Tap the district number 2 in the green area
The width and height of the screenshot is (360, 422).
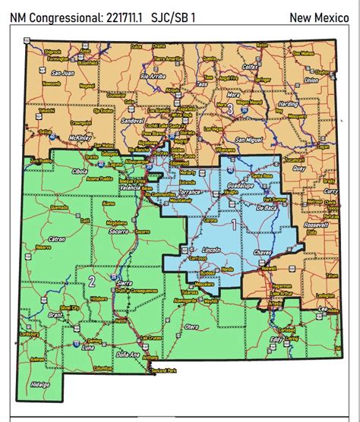click(x=92, y=281)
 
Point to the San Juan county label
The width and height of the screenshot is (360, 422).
click(x=62, y=74)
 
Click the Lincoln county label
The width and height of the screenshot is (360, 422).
click(x=213, y=250)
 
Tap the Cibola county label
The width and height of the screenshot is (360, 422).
click(x=81, y=172)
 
